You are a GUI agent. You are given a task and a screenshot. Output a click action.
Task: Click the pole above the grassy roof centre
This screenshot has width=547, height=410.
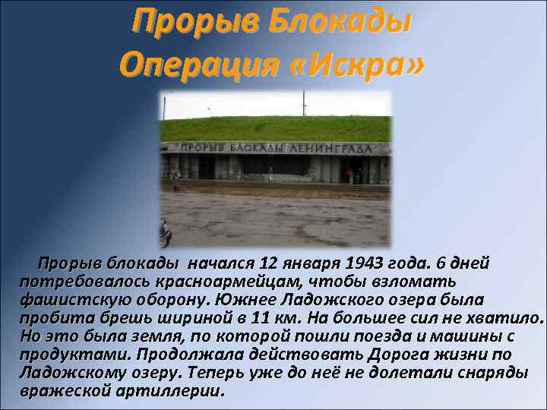tap(303, 103)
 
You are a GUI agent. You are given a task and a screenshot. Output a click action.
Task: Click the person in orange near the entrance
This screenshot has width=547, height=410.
tap(350, 175)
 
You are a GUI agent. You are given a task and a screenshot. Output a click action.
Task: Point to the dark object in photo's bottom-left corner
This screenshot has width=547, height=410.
tap(165, 233)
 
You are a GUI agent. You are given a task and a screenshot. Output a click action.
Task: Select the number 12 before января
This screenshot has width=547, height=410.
tap(268, 263)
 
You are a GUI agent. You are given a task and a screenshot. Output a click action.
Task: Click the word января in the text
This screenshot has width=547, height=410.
tap(310, 263)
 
